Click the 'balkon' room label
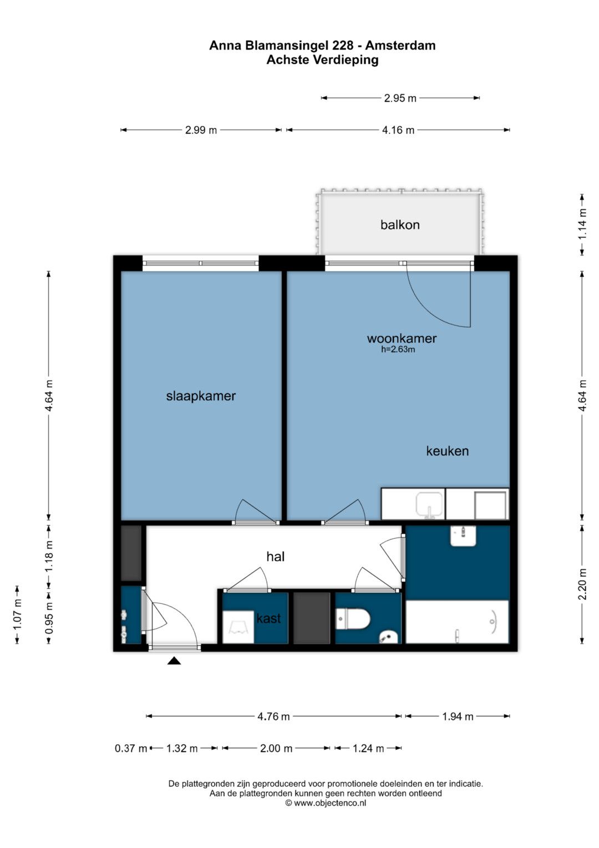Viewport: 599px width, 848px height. [400, 225]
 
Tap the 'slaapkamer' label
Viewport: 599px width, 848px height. [201, 396]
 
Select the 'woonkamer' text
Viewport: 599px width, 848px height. [402, 338]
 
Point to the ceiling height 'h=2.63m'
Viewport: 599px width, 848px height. [398, 349]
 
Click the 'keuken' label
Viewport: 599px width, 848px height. [448, 451]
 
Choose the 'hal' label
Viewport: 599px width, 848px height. [275, 556]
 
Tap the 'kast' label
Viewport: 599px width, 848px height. [268, 618]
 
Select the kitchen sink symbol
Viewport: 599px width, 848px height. [429, 505]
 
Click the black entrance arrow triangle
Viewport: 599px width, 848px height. [174, 661]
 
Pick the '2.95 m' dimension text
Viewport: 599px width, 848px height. [400, 98]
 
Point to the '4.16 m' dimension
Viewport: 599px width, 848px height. [398, 131]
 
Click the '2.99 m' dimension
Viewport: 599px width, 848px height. [201, 131]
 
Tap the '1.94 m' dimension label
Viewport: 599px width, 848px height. [458, 716]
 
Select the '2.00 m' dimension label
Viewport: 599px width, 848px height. [276, 748]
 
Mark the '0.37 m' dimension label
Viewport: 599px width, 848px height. [131, 748]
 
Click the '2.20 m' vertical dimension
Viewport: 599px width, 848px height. [582, 584]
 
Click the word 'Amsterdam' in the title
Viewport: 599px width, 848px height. [400, 46]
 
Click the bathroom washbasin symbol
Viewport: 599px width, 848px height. [463, 535]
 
